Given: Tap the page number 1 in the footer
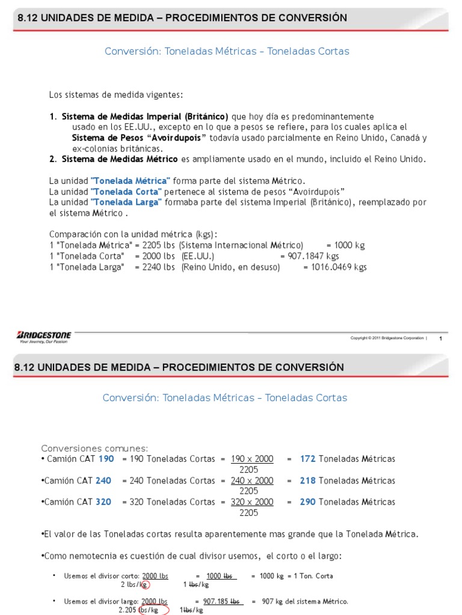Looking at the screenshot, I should coord(441,339).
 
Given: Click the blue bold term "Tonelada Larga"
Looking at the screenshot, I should coord(126,202).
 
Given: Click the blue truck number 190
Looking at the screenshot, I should coord(106,459).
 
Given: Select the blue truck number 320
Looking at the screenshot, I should coord(103,502).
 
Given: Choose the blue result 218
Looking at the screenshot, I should coord(307,480).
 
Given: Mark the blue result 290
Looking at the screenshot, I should coord(307,502).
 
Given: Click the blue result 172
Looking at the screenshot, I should coord(307,459).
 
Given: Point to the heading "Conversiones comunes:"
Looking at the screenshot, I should coord(94,449).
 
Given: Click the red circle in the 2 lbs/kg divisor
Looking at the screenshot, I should coord(144,584).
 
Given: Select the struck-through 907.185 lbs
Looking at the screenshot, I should coord(221,601).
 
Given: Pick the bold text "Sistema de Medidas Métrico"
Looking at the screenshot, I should coord(120,159).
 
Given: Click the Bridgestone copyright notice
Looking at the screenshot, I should coord(388,338).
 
